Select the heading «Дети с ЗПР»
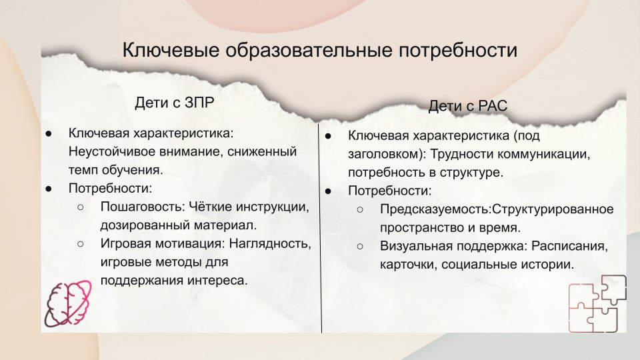[174, 103]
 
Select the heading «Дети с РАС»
[468, 106]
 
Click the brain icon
[68, 303]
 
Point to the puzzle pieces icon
[597, 303]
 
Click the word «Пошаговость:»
[143, 207]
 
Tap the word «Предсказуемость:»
[435, 209]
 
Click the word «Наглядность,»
[270, 243]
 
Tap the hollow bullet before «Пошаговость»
[81, 207]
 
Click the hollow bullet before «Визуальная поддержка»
[360, 247]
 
